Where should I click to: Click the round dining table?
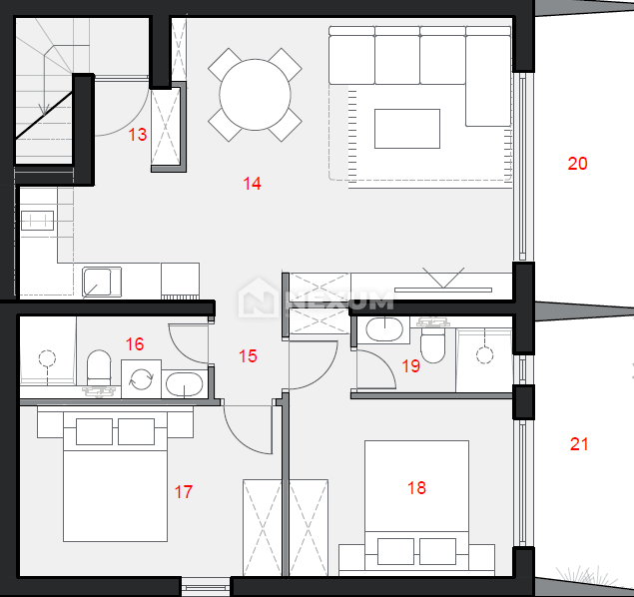[x=255, y=95]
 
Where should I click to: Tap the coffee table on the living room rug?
[x=407, y=129]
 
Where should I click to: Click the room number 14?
[x=252, y=184]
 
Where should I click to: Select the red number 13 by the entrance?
[x=138, y=135]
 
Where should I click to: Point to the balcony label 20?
[x=577, y=164]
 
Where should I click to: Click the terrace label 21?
[x=579, y=444]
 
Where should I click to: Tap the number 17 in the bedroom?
[x=184, y=492]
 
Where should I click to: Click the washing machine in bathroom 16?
[x=141, y=378]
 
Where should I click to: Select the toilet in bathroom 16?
[x=99, y=367]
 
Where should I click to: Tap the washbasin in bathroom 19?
[x=384, y=329]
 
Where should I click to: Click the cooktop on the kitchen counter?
[x=37, y=221]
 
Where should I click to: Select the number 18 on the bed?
[x=416, y=488]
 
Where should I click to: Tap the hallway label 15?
[x=248, y=356]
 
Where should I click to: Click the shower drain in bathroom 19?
[x=484, y=355]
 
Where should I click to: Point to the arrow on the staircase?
[x=43, y=110]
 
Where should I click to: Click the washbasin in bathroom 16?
[x=185, y=384]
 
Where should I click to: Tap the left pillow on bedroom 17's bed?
[x=94, y=431]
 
